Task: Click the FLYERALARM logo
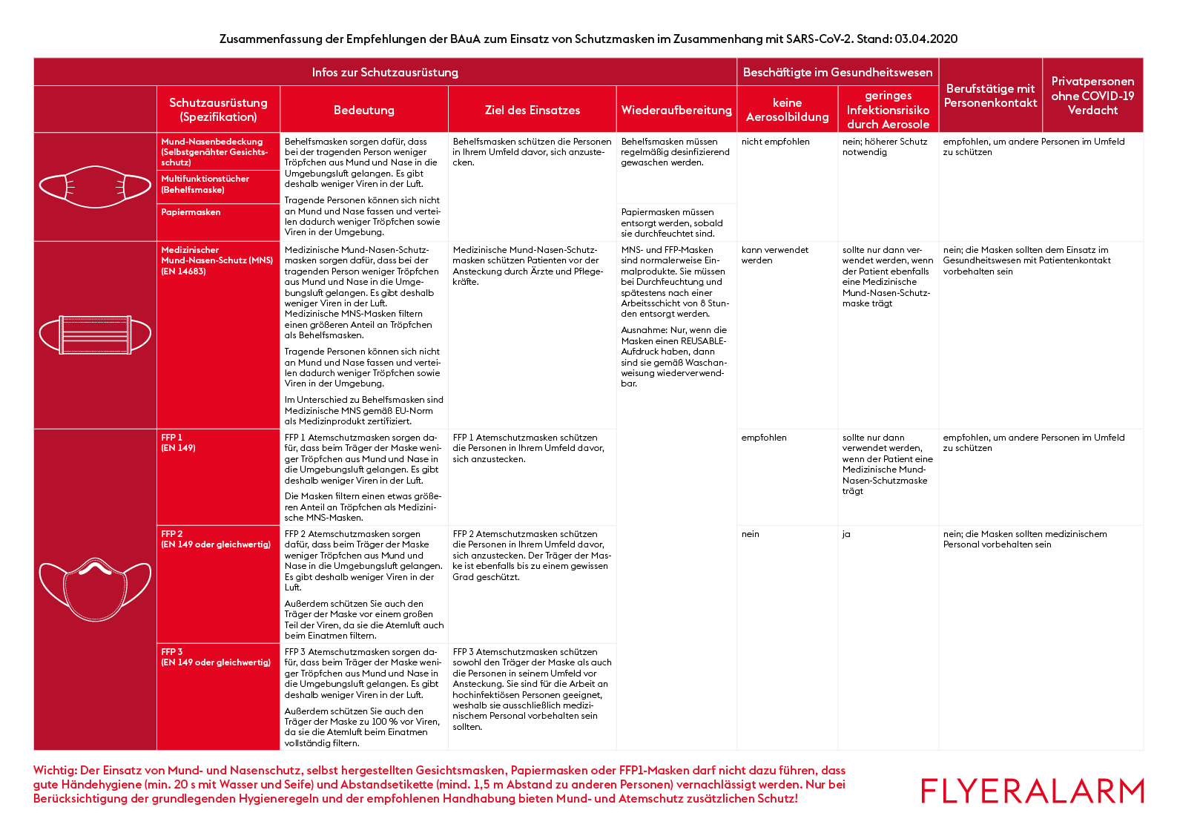coord(1032,791)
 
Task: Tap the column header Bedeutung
coord(363,110)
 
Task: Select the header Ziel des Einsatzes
coord(532,110)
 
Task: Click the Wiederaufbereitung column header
coord(676,110)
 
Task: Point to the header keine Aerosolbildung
coord(787,110)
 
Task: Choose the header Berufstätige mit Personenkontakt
coord(990,96)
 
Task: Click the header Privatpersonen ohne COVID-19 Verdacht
coord(1092,96)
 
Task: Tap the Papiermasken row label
coord(191,212)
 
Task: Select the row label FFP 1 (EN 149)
coord(179,443)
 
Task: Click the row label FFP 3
coord(172,652)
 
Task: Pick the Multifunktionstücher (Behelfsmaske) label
coord(205,184)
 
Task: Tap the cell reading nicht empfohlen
coord(775,142)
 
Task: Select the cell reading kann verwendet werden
coord(774,255)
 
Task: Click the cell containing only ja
coord(846,534)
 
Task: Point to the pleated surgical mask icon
coord(95,335)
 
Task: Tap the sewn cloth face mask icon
coord(95,187)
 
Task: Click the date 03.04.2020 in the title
coord(926,39)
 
